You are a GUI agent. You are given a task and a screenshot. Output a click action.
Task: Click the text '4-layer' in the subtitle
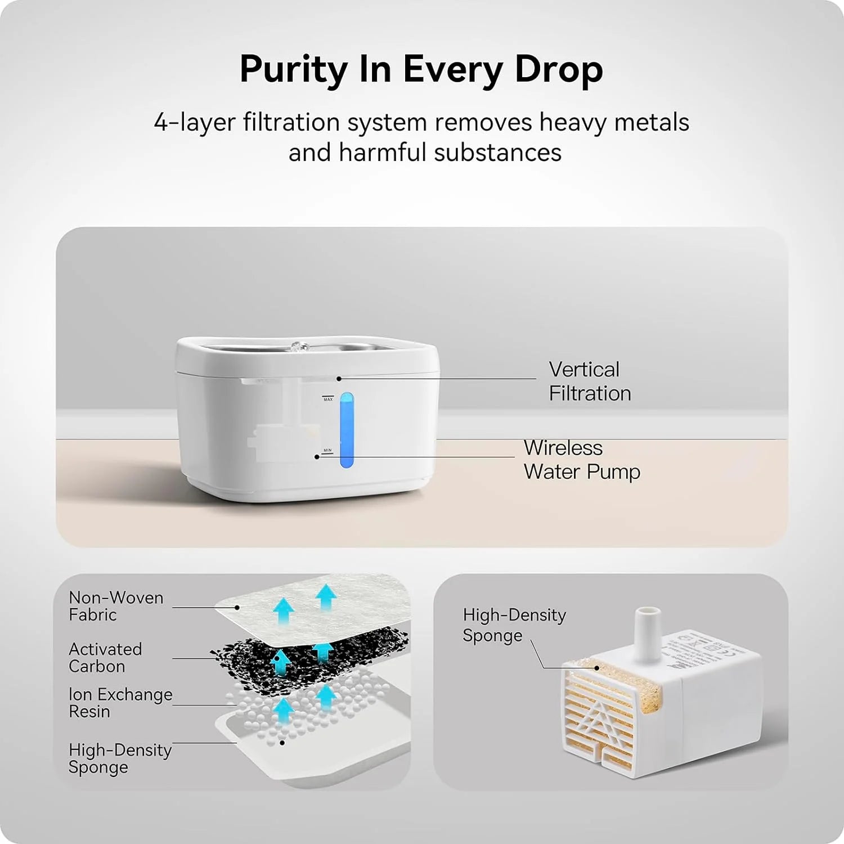(191, 123)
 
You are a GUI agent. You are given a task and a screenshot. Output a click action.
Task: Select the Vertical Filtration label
(589, 381)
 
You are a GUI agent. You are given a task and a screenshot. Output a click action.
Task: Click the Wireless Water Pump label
(581, 460)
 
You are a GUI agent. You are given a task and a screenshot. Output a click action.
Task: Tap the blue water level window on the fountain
(347, 430)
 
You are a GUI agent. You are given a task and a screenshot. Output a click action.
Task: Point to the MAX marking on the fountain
(328, 399)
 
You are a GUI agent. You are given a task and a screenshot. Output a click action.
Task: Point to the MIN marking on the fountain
(327, 451)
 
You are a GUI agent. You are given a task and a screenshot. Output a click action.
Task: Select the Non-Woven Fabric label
(116, 606)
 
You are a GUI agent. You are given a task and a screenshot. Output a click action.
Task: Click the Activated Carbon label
(105, 657)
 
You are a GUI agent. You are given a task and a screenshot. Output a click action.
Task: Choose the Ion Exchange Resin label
(120, 703)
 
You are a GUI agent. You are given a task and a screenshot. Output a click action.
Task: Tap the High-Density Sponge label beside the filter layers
(119, 758)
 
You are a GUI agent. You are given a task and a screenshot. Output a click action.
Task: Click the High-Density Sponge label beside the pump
(514, 625)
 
